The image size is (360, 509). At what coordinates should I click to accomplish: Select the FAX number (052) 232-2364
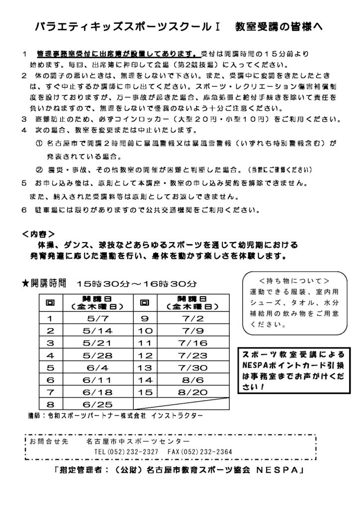(x=201, y=452)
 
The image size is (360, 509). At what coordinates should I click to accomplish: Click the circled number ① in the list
(x=39, y=144)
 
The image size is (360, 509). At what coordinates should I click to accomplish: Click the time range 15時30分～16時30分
(x=137, y=284)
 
